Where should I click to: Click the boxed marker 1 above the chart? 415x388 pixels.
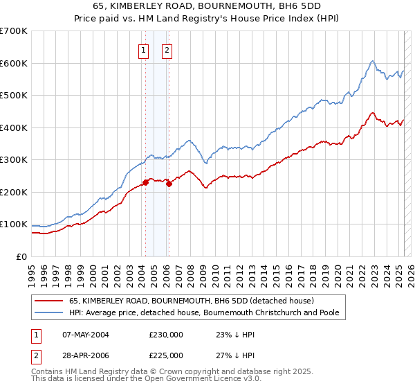pos(143,49)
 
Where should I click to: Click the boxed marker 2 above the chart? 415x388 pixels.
pos(167,49)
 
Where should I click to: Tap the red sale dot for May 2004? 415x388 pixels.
pos(145,183)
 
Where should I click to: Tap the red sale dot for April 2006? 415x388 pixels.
pos(169,184)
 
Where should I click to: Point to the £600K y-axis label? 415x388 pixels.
pos(13,63)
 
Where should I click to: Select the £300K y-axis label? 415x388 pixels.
pos(13,160)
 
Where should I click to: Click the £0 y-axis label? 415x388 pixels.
pos(21,256)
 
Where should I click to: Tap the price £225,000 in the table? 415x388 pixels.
pos(166,355)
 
